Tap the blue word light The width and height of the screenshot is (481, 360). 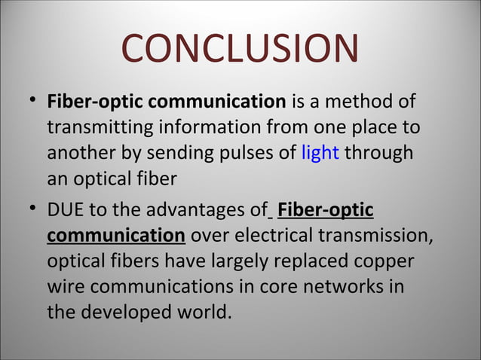[320, 153]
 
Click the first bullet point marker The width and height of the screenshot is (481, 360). [29, 100]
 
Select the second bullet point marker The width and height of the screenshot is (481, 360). [29, 209]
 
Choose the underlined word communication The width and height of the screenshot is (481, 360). [115, 236]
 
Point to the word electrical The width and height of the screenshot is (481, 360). [271, 236]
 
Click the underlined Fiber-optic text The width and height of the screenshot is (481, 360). [325, 209]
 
